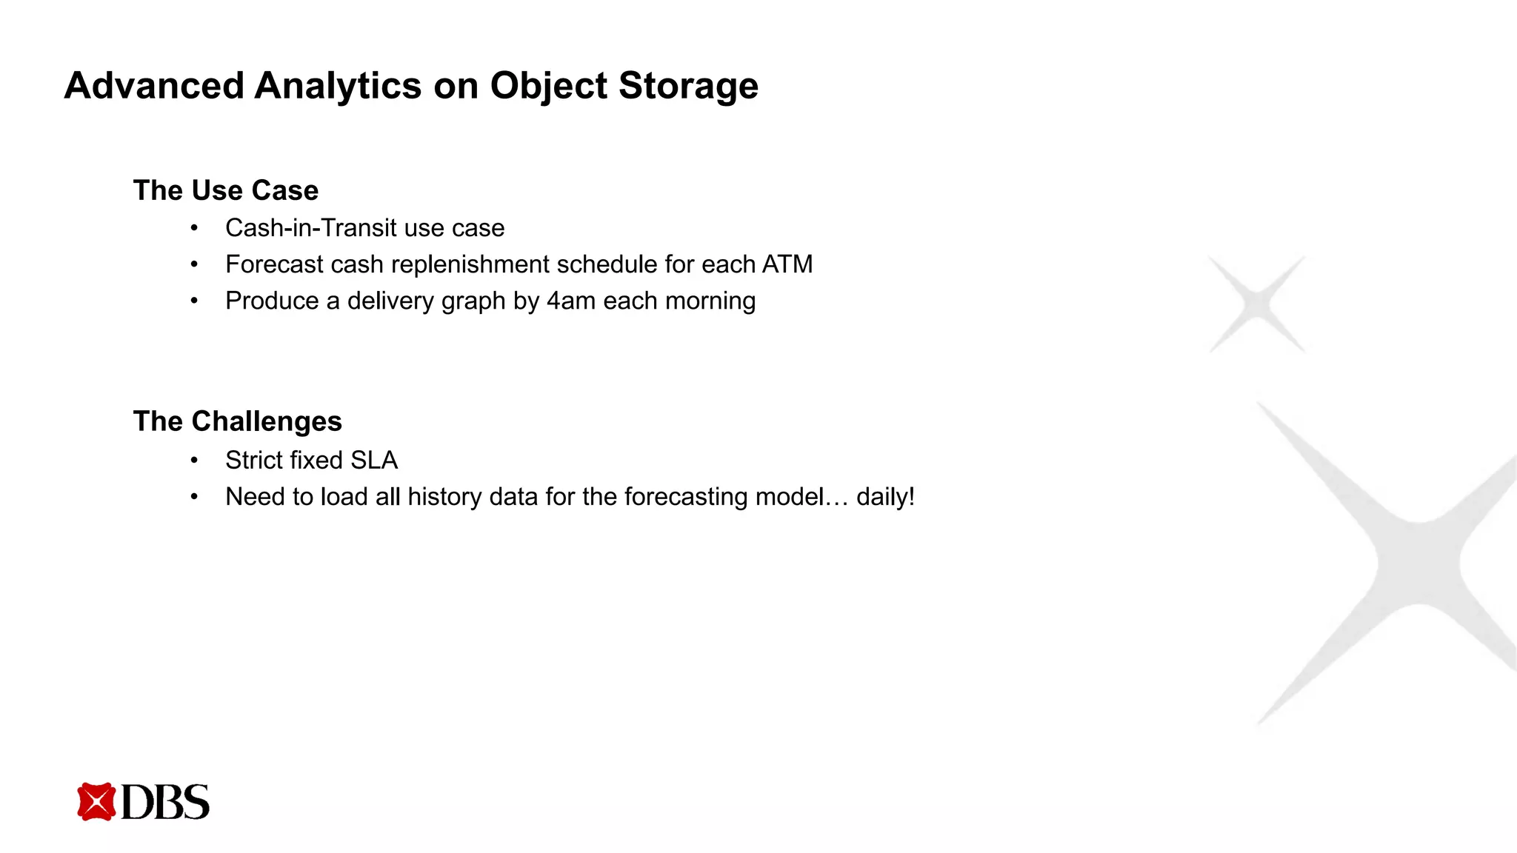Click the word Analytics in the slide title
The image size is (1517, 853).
[x=338, y=86]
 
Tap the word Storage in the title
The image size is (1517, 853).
[x=688, y=86]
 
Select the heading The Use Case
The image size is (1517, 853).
[x=226, y=190]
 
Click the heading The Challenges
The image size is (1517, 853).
[x=237, y=421]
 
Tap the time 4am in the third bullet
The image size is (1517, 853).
[x=571, y=301]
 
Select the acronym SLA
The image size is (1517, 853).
[x=374, y=460]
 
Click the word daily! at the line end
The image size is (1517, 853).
[x=885, y=497]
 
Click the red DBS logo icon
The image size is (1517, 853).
[x=96, y=802]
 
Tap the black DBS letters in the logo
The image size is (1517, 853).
[x=165, y=803]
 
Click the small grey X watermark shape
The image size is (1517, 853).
[x=1257, y=304]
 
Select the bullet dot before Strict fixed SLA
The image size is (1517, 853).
[x=194, y=461]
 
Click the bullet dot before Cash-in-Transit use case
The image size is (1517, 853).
[x=194, y=228]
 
